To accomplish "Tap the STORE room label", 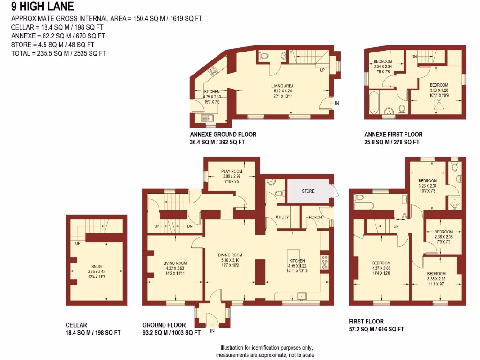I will pos(308,191).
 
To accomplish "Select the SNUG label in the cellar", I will pos(97,266).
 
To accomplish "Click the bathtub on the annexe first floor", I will pos(374,103).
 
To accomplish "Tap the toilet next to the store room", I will pos(279,193).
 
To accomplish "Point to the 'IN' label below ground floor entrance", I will pos(212,331).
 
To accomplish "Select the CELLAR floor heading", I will pos(76,325).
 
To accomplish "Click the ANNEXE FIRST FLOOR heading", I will pos(393,135).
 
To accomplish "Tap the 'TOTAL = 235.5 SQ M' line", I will pos(59,53).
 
